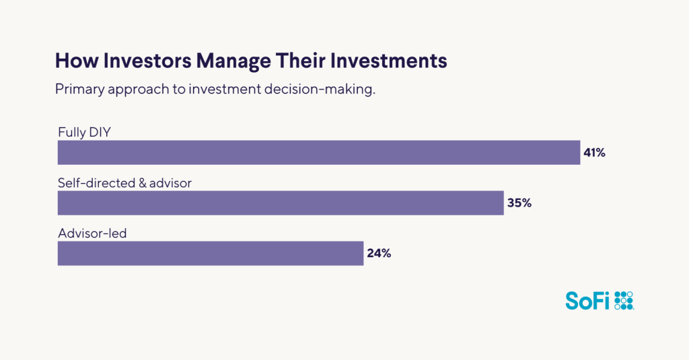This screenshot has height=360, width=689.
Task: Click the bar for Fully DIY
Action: (x=318, y=153)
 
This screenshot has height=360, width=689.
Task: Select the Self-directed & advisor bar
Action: (x=281, y=203)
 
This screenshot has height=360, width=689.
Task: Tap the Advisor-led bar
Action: (x=211, y=254)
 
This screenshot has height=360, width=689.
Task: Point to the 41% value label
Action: (x=594, y=153)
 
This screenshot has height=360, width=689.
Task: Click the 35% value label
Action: (x=519, y=203)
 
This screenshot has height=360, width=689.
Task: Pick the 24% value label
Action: (x=379, y=254)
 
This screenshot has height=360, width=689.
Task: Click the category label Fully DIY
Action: (x=83, y=132)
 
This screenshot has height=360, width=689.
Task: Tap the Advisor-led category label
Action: (x=91, y=233)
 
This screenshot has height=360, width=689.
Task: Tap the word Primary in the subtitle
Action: (x=80, y=90)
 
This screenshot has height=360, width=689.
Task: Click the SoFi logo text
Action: (x=587, y=301)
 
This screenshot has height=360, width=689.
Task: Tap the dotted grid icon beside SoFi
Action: (x=624, y=301)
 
